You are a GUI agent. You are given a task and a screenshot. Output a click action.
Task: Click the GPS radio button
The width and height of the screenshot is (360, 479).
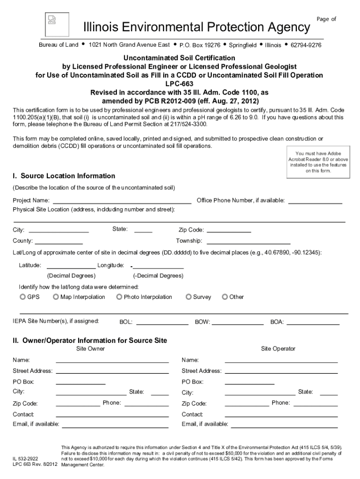pyautogui.click(x=22, y=297)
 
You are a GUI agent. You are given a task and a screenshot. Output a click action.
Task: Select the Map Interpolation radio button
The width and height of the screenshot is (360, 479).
pyautogui.click(x=56, y=297)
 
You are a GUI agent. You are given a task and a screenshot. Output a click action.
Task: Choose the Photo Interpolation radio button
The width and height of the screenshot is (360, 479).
pyautogui.click(x=119, y=297)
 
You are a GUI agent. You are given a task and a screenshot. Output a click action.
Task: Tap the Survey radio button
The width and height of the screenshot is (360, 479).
pyautogui.click(x=188, y=297)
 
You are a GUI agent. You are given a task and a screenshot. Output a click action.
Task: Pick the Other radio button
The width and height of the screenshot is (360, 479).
pyautogui.click(x=225, y=297)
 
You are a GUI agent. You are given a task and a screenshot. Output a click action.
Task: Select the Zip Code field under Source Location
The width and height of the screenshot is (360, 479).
pyautogui.click(x=229, y=229)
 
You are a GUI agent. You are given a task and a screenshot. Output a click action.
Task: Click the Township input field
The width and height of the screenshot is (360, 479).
pyautogui.click(x=248, y=241)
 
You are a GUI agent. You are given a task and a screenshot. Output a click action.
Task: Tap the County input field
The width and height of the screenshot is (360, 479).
pyautogui.click(x=59, y=241)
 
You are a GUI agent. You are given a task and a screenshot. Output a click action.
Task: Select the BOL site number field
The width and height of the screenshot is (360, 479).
pyautogui.click(x=162, y=321)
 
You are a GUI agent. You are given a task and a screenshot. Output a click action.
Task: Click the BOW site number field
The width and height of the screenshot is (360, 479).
pyautogui.click(x=238, y=321)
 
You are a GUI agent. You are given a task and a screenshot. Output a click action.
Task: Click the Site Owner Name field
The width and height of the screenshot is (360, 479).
pyautogui.click(x=112, y=360)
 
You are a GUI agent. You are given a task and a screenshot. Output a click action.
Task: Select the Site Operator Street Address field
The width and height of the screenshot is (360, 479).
pyautogui.click(x=281, y=370)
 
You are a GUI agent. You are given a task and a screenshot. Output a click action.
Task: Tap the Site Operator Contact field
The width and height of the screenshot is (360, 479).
pyautogui.click(x=281, y=414)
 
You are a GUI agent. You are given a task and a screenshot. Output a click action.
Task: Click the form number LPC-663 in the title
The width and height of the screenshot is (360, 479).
pyautogui.click(x=180, y=84)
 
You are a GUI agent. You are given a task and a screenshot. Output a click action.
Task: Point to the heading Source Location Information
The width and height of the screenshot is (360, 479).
pyautogui.click(x=64, y=176)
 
